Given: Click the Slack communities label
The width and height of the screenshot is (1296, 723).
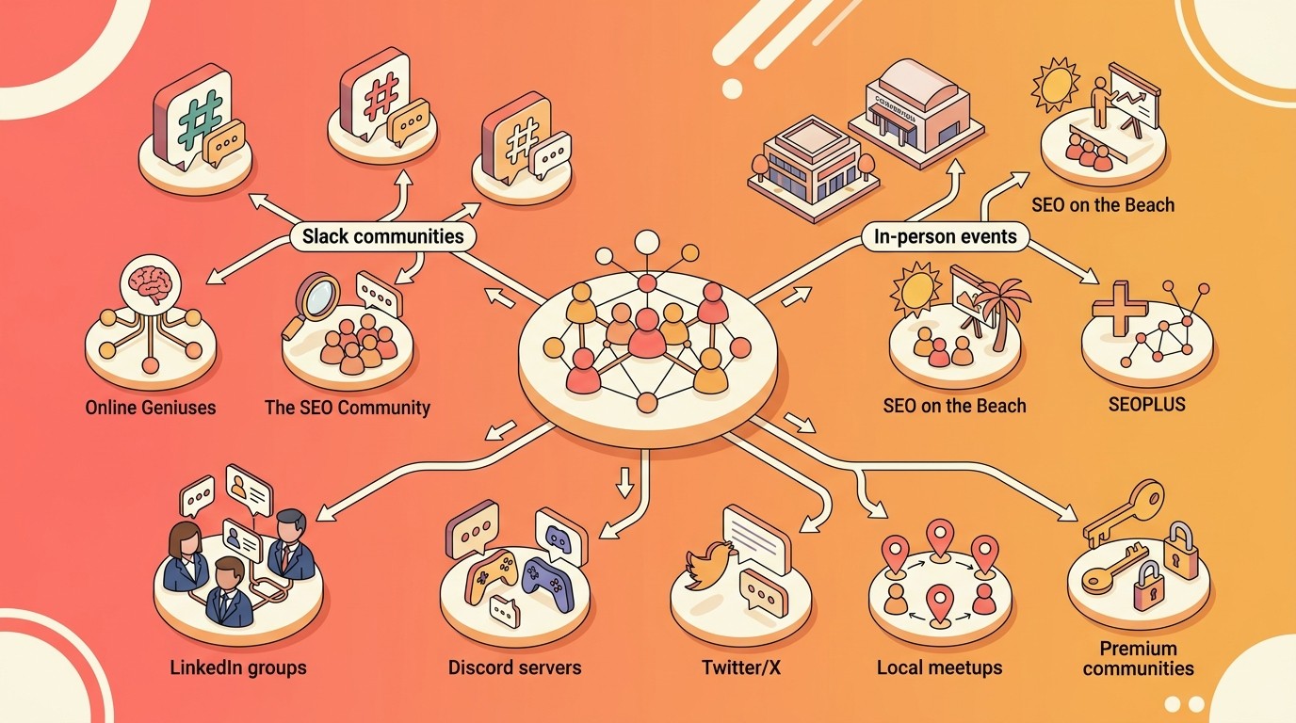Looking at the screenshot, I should [x=381, y=235].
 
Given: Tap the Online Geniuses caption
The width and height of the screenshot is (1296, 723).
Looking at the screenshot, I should [x=151, y=408].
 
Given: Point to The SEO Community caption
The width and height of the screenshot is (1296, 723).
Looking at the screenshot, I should [x=347, y=408].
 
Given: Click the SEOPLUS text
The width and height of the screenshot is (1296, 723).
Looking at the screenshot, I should [x=1145, y=405].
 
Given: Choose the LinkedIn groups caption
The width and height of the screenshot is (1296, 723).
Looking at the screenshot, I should [x=238, y=668].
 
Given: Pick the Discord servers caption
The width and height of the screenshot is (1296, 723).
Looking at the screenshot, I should [x=514, y=667].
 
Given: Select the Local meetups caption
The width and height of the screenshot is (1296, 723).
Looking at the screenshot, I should [x=939, y=667].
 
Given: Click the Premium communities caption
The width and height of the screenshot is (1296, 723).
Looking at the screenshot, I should [x=1138, y=659].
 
